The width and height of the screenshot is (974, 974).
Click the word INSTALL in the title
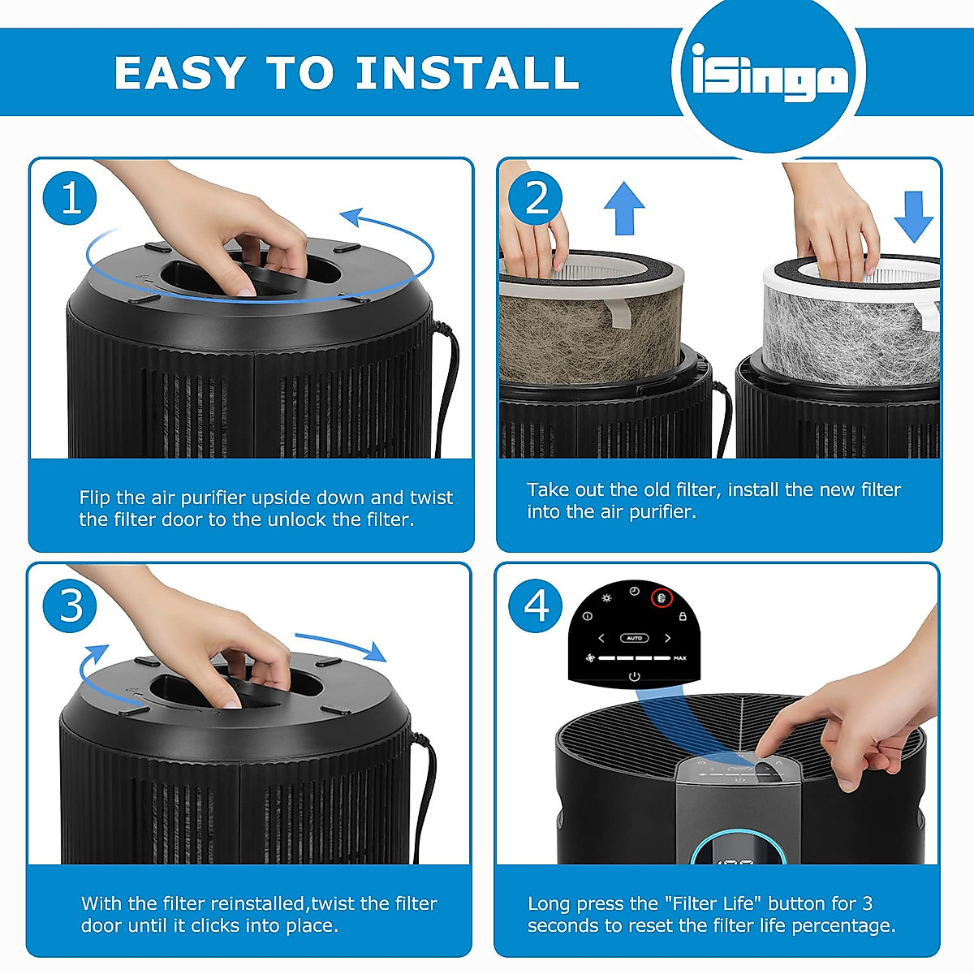pos(467,72)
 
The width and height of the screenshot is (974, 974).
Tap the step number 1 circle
pos(70,198)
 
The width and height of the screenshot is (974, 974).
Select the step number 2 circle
pos(535,198)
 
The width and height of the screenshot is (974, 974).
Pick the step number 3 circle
pos(70,605)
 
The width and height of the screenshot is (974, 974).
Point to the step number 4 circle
pos(535,605)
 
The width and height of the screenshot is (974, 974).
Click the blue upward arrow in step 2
pos(624,208)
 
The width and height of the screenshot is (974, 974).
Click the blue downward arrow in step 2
pos(913,218)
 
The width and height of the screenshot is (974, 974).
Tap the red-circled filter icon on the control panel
pos(662,598)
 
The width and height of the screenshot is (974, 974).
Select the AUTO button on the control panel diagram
pos(634,639)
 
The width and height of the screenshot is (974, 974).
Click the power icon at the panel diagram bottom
pos(635,676)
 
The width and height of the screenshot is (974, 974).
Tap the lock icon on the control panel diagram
pos(683,616)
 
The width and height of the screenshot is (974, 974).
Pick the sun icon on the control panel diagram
pos(606,598)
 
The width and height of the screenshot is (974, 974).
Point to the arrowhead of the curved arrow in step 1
pos(351,218)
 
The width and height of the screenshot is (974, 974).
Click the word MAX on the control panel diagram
pos(680,658)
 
